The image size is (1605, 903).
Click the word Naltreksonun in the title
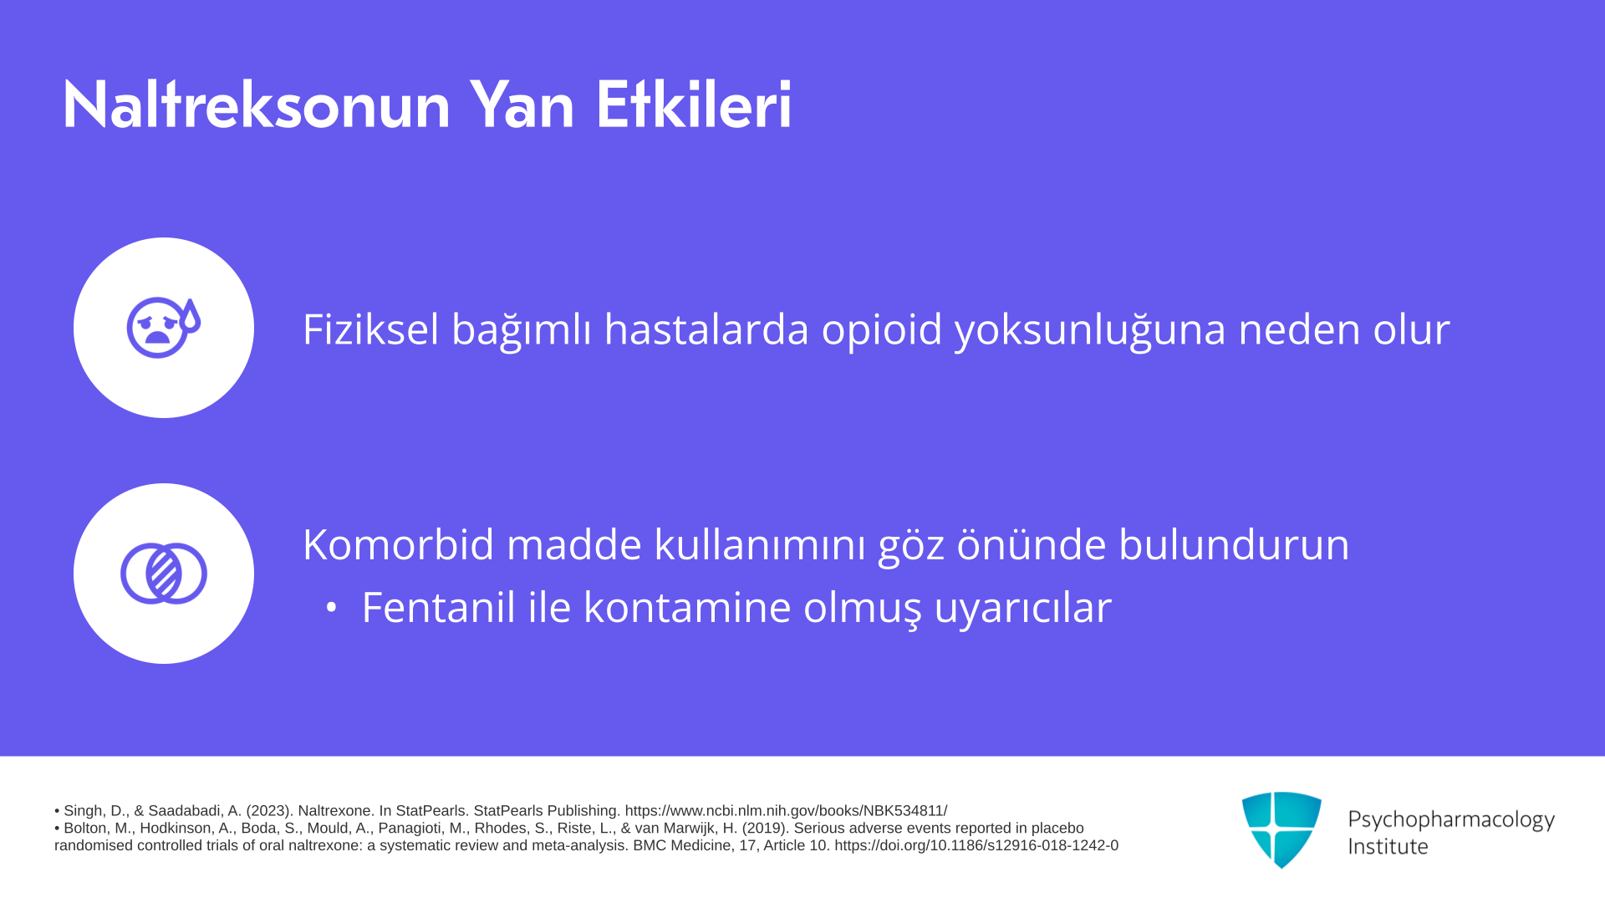[x=257, y=105]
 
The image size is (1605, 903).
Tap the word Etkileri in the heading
[x=694, y=105]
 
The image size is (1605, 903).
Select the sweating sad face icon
[x=164, y=328]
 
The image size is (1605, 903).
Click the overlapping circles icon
[x=164, y=574]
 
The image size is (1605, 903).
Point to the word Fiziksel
[x=370, y=329]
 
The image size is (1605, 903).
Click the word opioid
[x=882, y=329]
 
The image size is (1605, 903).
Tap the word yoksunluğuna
[x=1090, y=329]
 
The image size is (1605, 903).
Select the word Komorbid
[x=399, y=544]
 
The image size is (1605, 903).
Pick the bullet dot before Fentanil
[x=332, y=608]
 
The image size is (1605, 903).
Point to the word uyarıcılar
[x=1022, y=608]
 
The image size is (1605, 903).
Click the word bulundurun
[x=1234, y=544]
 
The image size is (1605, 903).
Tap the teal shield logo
[x=1281, y=829]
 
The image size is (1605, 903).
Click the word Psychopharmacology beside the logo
[x=1451, y=819]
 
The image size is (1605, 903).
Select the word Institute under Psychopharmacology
[x=1388, y=846]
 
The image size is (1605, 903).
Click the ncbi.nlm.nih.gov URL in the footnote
[x=786, y=811]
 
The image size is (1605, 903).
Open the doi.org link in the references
[x=976, y=845]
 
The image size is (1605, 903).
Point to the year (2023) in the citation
[x=268, y=811]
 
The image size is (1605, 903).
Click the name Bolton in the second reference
[x=87, y=829]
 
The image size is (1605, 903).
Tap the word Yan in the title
[x=522, y=105]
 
